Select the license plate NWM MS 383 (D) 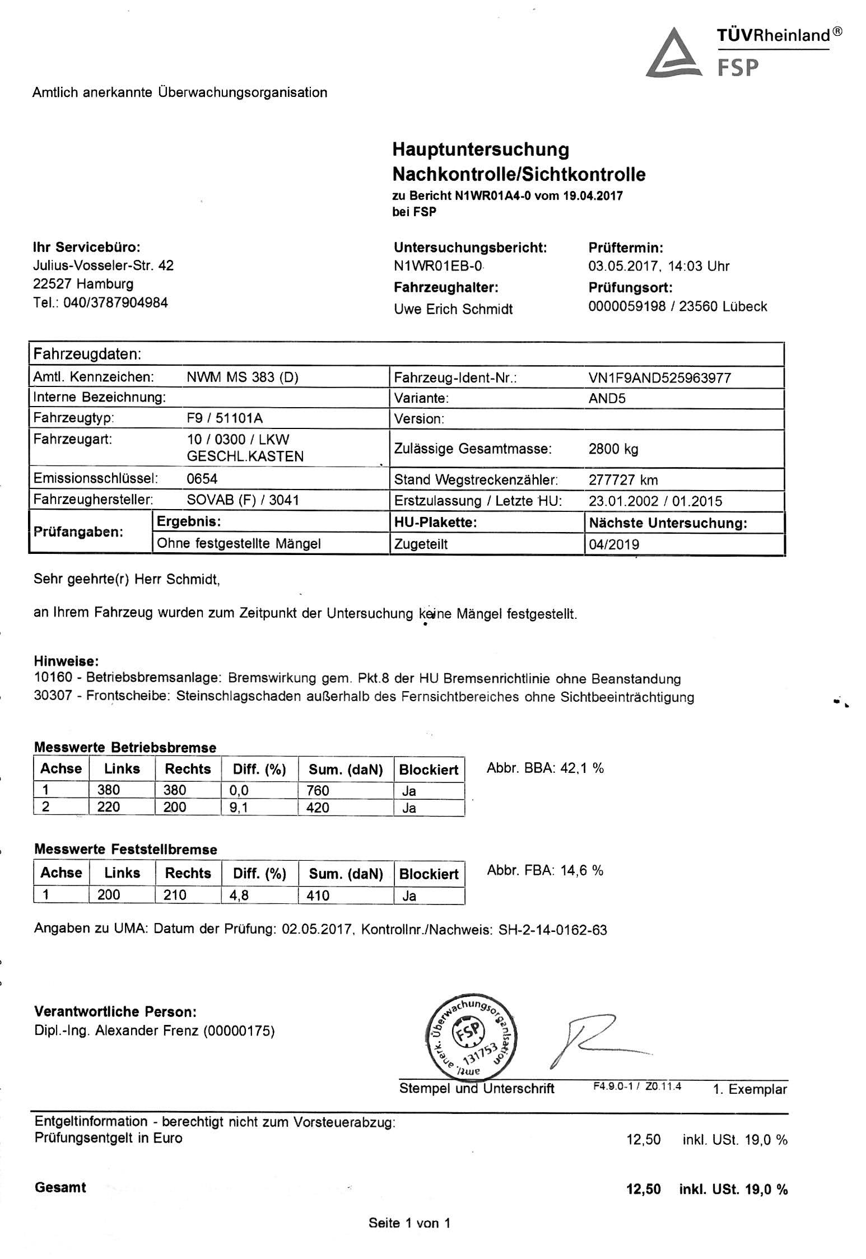pos(242,377)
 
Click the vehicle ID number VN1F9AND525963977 pos(659,377)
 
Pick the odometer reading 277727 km pos(623,479)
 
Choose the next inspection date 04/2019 pos(613,544)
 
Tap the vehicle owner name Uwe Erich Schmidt pos(453,309)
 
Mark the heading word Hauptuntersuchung pos(481,150)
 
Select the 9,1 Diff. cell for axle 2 pos(239,807)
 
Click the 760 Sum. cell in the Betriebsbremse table pos(318,790)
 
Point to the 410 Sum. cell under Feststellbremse pos(318,895)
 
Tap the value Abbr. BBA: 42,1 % pos(545,768)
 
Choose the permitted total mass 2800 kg pos(613,448)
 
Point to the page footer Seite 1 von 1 pos(409,1223)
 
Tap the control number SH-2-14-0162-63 pos(552,930)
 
